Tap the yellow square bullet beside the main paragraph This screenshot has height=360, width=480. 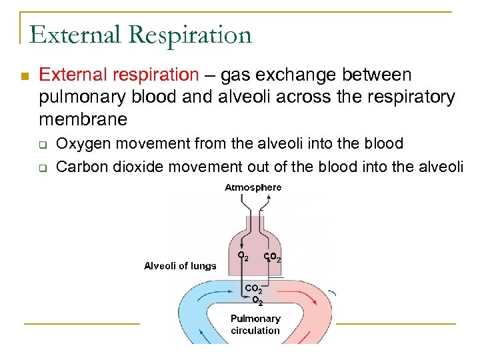[x=25, y=77]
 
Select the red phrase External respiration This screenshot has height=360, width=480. [x=119, y=75]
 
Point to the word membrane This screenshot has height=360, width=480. [x=83, y=119]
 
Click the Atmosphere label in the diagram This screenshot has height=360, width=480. [x=253, y=187]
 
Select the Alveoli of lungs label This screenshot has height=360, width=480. [x=180, y=265]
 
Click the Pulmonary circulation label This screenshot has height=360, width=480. [x=255, y=324]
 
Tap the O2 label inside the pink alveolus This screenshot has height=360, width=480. [x=243, y=256]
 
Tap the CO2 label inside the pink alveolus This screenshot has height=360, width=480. [x=272, y=257]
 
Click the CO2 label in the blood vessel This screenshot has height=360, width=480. [x=254, y=289]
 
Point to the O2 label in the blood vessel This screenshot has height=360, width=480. [x=257, y=300]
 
